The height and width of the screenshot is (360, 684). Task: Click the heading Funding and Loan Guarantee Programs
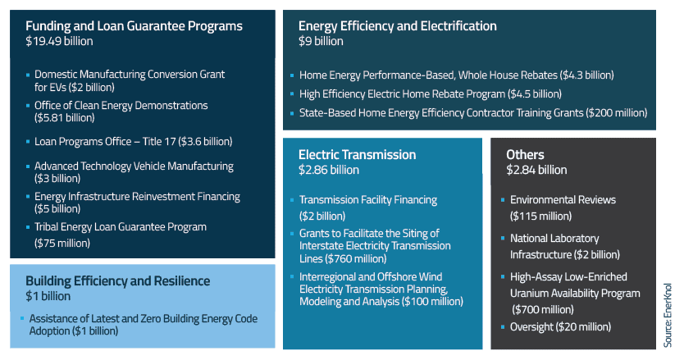point(134,26)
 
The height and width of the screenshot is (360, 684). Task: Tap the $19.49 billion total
point(59,41)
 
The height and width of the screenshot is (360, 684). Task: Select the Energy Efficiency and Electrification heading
point(397,26)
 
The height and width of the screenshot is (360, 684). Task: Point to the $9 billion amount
point(321,41)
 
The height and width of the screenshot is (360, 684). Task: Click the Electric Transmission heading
point(357,154)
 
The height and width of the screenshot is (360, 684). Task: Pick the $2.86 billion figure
point(328,170)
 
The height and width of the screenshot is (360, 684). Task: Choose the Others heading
point(525,154)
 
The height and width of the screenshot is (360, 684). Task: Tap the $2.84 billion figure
point(536,170)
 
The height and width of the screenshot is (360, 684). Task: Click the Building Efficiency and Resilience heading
point(117,280)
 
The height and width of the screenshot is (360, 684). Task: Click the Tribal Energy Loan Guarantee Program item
point(120,226)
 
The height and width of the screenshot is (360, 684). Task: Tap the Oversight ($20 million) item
point(560,326)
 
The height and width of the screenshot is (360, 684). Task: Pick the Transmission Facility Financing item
point(367,199)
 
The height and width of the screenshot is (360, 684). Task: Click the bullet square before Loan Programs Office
point(28,141)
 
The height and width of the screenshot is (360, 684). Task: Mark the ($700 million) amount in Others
point(544,308)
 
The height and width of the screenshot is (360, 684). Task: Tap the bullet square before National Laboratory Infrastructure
point(502,239)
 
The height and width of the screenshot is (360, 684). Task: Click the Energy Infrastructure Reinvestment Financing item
point(137,196)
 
